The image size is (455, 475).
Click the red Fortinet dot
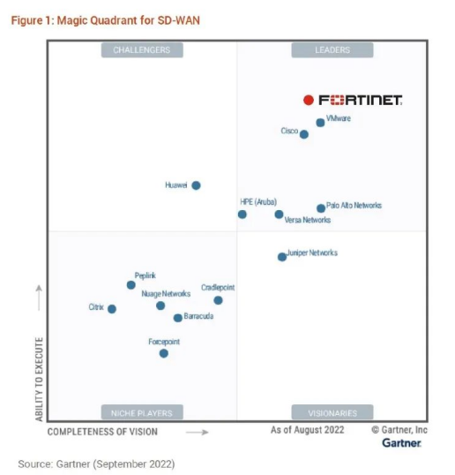(308, 100)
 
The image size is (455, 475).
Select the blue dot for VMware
(320, 123)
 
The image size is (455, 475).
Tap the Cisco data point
(304, 134)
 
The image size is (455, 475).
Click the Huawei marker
(196, 185)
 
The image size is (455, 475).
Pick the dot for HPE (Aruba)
(242, 214)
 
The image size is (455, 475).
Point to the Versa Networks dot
(279, 214)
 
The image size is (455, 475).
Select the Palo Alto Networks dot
(321, 208)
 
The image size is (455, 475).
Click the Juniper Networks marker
(282, 257)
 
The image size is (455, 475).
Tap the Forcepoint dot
(163, 353)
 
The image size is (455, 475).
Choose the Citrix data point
(112, 309)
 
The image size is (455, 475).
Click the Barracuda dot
(177, 318)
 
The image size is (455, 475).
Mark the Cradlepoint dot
(218, 300)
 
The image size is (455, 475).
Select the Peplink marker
(131, 285)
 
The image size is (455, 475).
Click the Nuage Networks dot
(160, 305)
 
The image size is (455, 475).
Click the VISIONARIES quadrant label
(332, 412)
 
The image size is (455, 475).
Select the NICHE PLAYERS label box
(141, 412)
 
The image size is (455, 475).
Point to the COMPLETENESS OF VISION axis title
(103, 432)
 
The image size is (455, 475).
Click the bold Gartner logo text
(401, 442)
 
